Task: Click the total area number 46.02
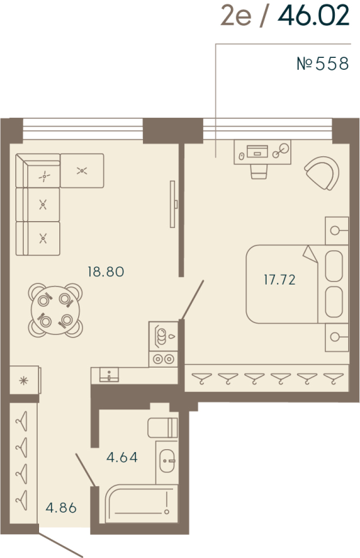point(313,16)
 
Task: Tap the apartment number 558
point(332,64)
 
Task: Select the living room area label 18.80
point(106,272)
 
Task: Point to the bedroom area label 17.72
point(280,280)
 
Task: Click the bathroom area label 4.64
point(122,458)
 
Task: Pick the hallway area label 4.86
point(61,508)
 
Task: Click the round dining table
point(55,310)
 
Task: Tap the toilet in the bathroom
point(163,428)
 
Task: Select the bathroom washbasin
point(167,461)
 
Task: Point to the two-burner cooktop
point(163,359)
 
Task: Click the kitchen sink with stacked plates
point(163,337)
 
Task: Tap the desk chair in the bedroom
point(259,172)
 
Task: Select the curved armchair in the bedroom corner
point(322,173)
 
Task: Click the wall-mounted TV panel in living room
point(173,204)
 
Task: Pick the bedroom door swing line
point(193,300)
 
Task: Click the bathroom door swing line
point(85,469)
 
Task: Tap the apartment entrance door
point(61,545)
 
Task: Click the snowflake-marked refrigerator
point(24,380)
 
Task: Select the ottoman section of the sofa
point(82,171)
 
